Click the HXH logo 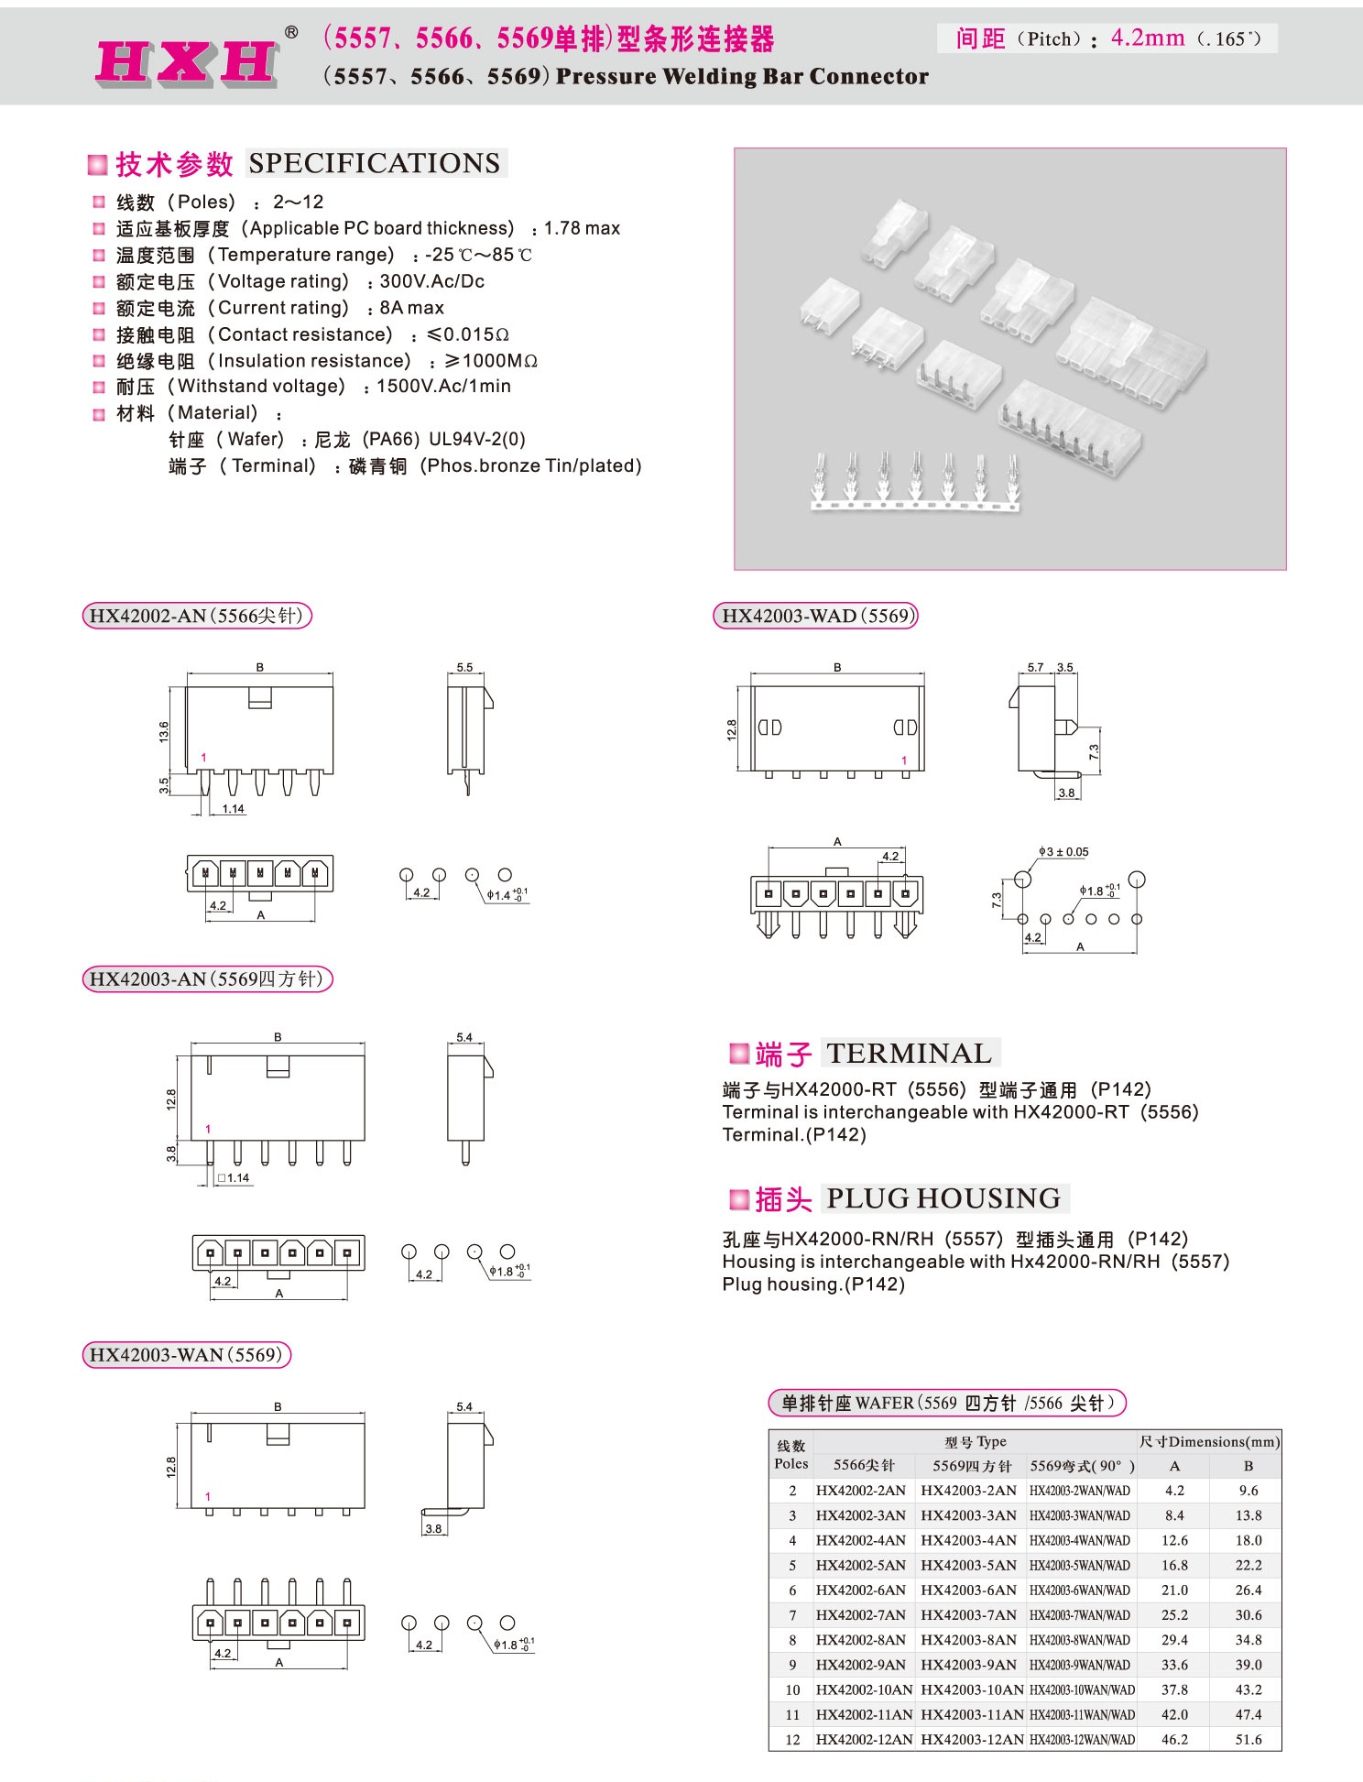tap(187, 62)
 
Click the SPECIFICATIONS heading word tap(375, 163)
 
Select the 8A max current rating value tap(411, 308)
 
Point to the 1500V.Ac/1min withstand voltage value tap(443, 387)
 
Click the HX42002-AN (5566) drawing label tap(197, 616)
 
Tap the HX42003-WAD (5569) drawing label tap(815, 616)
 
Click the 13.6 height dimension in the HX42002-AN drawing tap(164, 731)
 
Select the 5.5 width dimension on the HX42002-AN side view tap(464, 668)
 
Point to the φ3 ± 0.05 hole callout tap(1065, 852)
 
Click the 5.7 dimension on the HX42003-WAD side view tap(1035, 668)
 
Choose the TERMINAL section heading tap(909, 1054)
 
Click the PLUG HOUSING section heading tap(943, 1198)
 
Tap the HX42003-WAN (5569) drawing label tap(186, 1355)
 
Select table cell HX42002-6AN tap(860, 1591)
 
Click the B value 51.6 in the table tap(1248, 1739)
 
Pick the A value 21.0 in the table tap(1174, 1591)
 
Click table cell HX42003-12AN tap(972, 1739)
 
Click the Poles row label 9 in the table tap(792, 1665)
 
